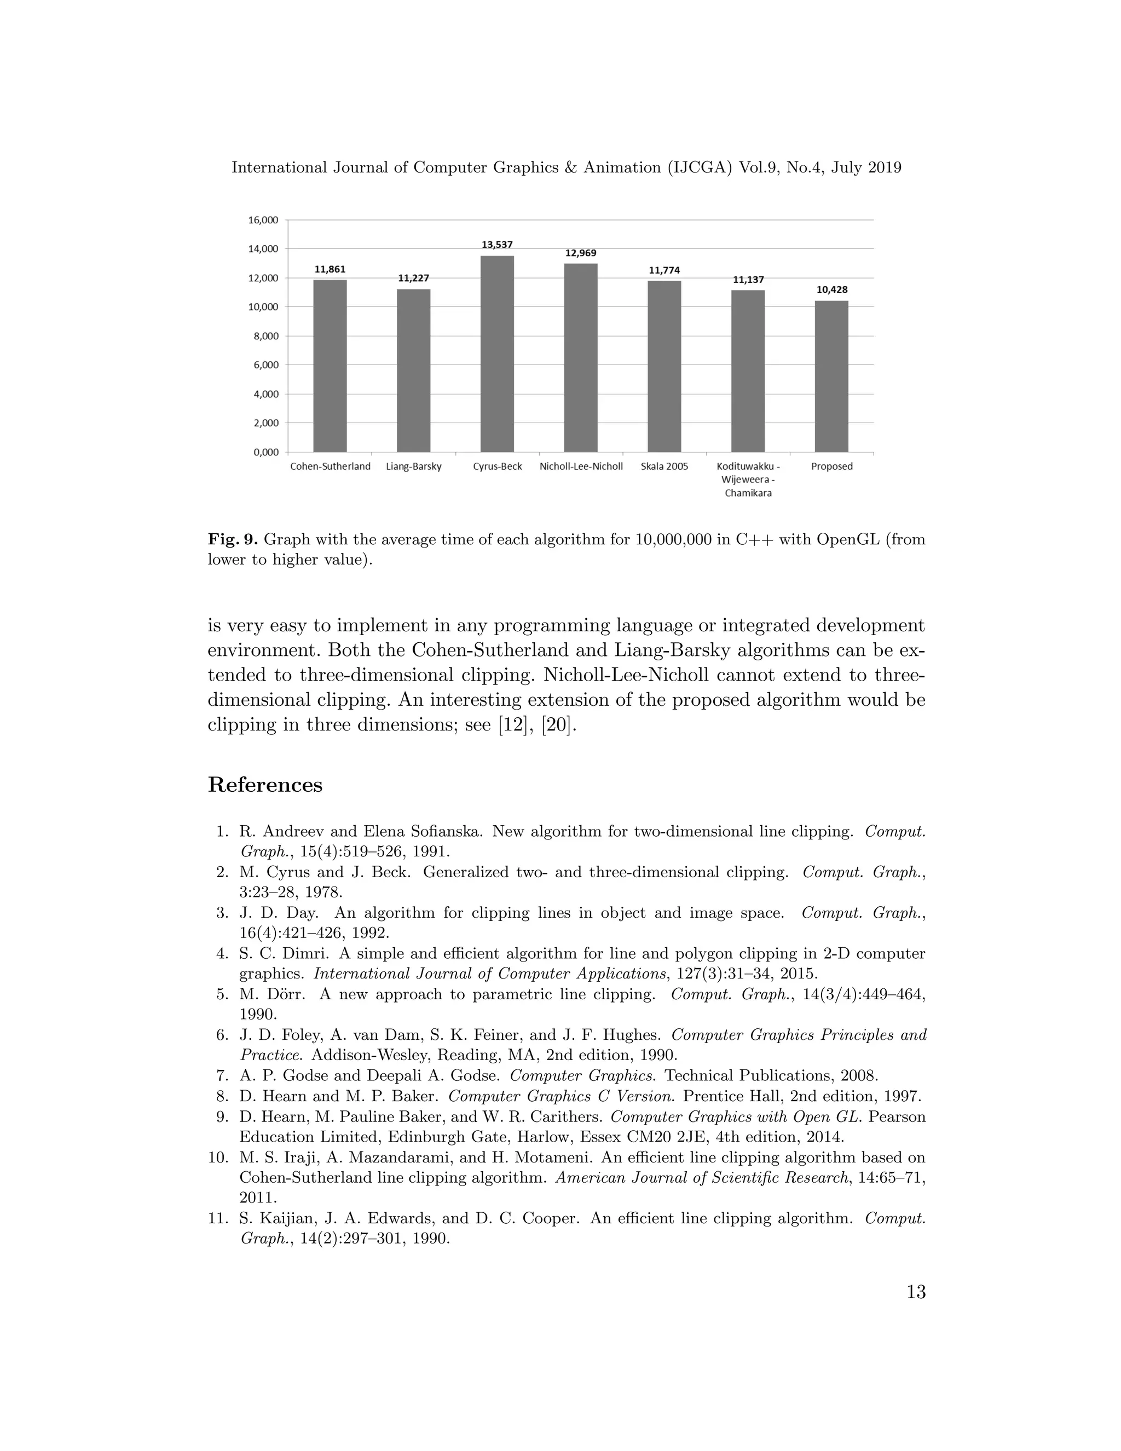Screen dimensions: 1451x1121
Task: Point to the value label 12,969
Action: pyautogui.click(x=580, y=253)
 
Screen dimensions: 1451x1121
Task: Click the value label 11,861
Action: pyautogui.click(x=330, y=269)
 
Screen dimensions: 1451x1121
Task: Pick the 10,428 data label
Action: pyautogui.click(x=831, y=290)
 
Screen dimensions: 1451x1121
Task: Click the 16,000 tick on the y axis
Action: pyautogui.click(x=263, y=220)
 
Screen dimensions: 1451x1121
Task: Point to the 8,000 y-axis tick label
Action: pyautogui.click(x=265, y=336)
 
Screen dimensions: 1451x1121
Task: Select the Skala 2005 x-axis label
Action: pyautogui.click(x=664, y=467)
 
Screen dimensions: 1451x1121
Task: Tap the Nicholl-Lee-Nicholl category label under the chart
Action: pyautogui.click(x=580, y=467)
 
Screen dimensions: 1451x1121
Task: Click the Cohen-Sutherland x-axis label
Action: pyautogui.click(x=330, y=467)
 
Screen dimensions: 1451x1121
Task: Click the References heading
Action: pyautogui.click(x=265, y=785)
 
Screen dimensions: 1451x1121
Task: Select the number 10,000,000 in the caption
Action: pyautogui.click(x=673, y=539)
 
